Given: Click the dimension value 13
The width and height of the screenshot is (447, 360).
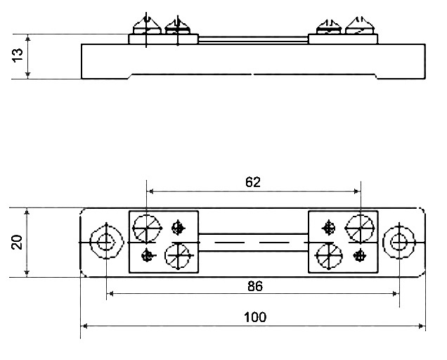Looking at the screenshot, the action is pyautogui.click(x=18, y=55).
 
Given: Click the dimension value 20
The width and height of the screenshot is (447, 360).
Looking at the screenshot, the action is pyautogui.click(x=17, y=242).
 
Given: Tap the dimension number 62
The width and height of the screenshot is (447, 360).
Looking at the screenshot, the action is pyautogui.click(x=253, y=182).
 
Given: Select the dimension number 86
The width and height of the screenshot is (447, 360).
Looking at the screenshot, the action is pyautogui.click(x=255, y=286).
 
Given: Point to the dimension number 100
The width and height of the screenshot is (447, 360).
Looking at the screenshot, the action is pyautogui.click(x=255, y=317).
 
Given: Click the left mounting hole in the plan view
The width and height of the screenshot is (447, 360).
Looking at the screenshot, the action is pyautogui.click(x=106, y=242).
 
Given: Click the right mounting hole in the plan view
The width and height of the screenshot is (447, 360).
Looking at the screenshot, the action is pyautogui.click(x=399, y=242).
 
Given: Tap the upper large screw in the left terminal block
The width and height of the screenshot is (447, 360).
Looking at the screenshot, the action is pyautogui.click(x=146, y=229).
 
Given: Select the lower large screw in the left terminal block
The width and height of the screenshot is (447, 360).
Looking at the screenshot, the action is pyautogui.click(x=178, y=256).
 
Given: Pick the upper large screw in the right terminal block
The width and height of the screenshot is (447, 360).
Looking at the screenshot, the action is pyautogui.click(x=360, y=229).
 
